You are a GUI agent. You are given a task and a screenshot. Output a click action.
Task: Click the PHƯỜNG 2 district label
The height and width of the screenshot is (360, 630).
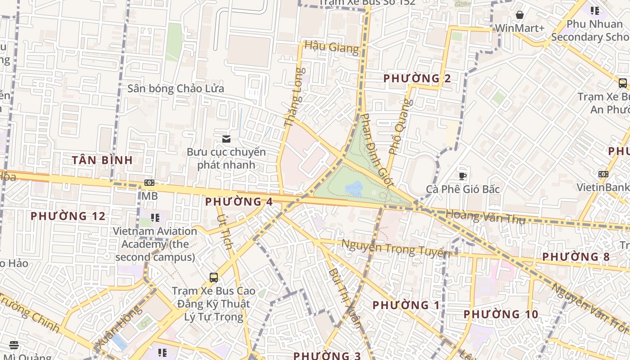tap(417, 78)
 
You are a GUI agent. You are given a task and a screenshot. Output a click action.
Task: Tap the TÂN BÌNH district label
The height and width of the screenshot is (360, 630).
tap(103, 160)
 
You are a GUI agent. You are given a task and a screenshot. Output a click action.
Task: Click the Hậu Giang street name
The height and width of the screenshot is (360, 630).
tap(332, 47)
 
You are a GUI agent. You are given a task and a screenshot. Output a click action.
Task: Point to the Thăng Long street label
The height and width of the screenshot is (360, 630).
tap(295, 97)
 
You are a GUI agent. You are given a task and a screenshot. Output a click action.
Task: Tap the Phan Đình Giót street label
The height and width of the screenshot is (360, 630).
tap(377, 150)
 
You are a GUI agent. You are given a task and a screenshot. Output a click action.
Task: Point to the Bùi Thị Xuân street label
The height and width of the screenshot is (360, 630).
tap(345, 297)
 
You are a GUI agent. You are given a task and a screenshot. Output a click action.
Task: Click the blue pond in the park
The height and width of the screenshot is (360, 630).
tap(354, 189)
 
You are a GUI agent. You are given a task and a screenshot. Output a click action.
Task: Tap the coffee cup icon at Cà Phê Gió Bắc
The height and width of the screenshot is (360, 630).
tap(462, 175)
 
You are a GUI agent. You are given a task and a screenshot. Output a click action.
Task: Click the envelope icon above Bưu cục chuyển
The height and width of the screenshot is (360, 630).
tap(226, 139)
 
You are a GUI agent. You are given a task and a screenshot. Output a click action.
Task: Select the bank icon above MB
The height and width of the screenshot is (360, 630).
tap(149, 183)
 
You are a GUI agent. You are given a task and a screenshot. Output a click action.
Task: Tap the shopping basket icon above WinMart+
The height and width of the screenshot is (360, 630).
tap(520, 15)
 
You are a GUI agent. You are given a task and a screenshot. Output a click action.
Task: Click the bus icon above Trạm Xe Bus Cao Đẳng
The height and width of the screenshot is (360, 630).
tap(214, 277)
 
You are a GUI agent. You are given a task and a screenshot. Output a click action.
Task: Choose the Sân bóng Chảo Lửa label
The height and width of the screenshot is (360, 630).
tap(175, 88)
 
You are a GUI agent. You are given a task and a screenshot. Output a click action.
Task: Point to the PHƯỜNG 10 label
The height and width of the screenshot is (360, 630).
tap(501, 314)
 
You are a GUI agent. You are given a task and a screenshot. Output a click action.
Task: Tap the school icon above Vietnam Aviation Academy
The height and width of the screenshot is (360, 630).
tap(155, 218)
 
